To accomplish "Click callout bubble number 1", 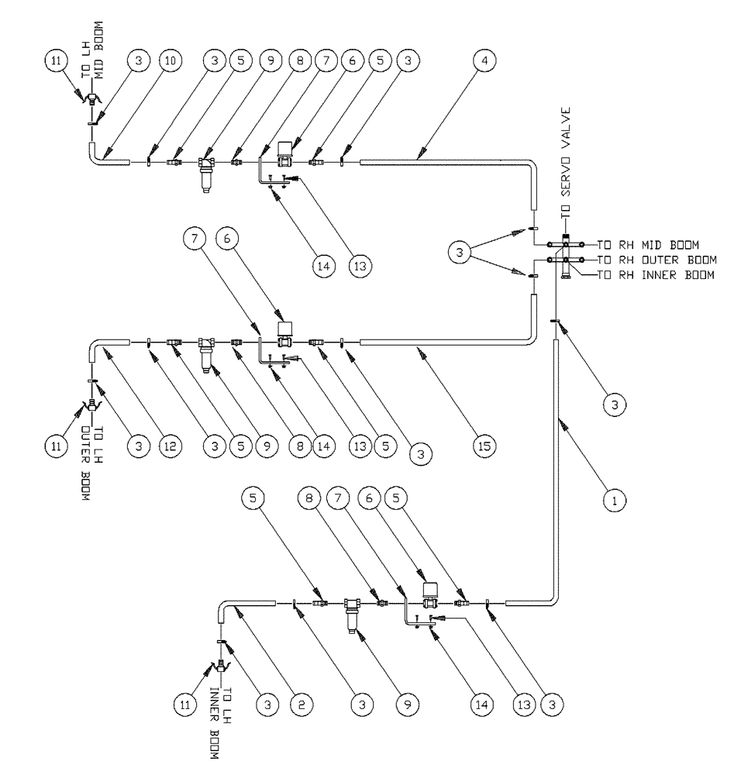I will [x=614, y=501].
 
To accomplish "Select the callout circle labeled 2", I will [x=295, y=704].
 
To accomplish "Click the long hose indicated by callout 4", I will [x=450, y=161].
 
